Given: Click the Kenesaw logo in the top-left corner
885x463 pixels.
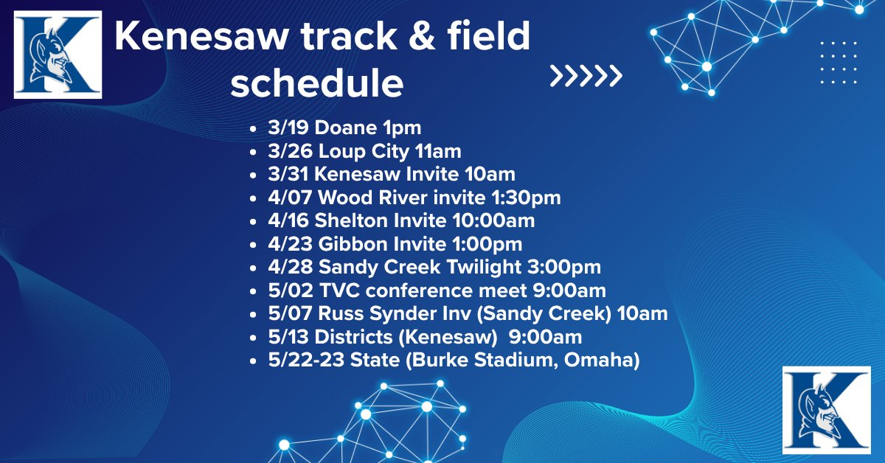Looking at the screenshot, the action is tap(58, 55).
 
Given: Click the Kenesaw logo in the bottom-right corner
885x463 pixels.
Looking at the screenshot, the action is tap(827, 410).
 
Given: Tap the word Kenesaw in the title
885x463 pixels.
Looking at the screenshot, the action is tap(201, 36).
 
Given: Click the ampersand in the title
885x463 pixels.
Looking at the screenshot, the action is tap(422, 36).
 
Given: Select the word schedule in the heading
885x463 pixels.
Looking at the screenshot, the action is tap(317, 83).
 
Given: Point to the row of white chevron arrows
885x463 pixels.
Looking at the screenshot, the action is tap(586, 75).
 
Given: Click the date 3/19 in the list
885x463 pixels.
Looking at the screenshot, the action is tap(288, 128).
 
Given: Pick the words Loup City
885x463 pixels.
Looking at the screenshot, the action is tap(364, 152).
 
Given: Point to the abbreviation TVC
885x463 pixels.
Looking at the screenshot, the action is tap(339, 290).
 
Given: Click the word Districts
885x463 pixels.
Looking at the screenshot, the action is tap(353, 337).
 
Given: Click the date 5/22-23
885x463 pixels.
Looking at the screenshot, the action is tap(306, 361).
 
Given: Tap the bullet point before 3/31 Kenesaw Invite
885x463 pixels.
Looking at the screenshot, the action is tap(253, 175).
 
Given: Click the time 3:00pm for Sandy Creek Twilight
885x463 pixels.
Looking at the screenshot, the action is tap(563, 267).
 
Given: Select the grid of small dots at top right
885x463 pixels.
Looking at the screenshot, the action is tap(839, 63).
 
